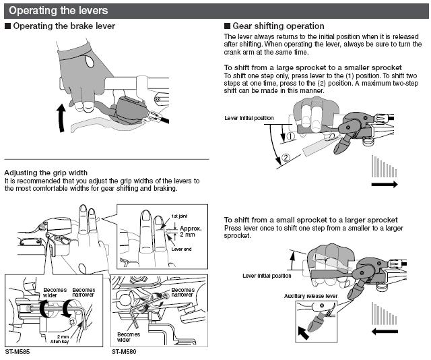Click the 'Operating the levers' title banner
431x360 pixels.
(51, 10)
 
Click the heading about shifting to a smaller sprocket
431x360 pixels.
(312, 68)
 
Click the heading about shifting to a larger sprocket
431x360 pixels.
(310, 220)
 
